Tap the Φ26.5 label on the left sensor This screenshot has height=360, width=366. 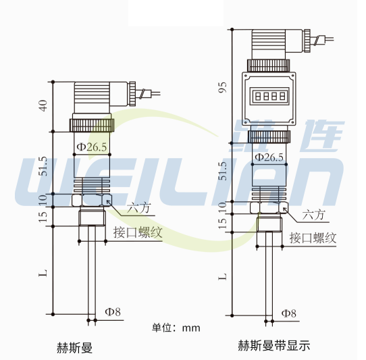pyautogui.click(x=91, y=147)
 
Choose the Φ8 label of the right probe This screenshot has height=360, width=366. pyautogui.click(x=289, y=313)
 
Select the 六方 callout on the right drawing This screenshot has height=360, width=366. pyautogui.click(x=314, y=215)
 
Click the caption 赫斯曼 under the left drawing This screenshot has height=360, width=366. pyautogui.click(x=74, y=348)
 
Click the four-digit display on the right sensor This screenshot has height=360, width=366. pyautogui.click(x=269, y=96)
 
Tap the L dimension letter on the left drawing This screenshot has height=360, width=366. pyautogui.click(x=43, y=274)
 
